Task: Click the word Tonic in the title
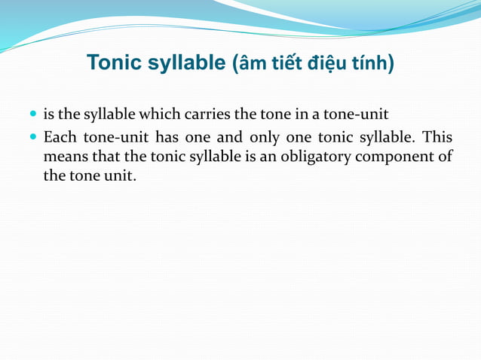(x=113, y=63)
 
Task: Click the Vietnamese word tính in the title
(x=369, y=63)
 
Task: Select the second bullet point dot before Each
(x=33, y=138)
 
